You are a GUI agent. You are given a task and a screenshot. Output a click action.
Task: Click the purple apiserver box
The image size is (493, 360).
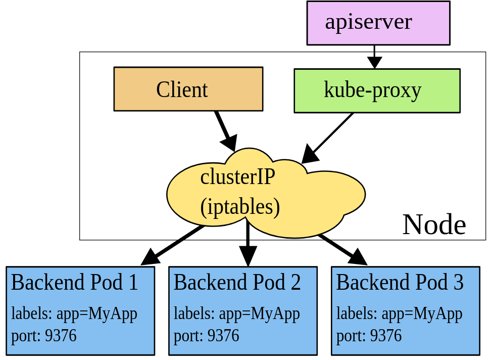pyautogui.click(x=378, y=23)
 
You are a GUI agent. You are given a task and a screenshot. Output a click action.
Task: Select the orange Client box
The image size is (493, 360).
pyautogui.click(x=188, y=89)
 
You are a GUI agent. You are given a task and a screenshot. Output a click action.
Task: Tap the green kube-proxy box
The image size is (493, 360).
pyautogui.click(x=377, y=91)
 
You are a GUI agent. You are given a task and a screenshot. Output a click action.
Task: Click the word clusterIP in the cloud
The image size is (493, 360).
pyautogui.click(x=237, y=177)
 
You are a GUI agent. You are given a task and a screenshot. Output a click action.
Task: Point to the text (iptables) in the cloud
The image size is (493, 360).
pyautogui.click(x=240, y=207)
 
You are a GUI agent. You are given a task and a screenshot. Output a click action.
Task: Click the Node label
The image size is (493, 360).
pyautogui.click(x=434, y=224)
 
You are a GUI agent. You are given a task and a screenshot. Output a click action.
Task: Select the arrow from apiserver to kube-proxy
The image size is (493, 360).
pyautogui.click(x=374, y=56)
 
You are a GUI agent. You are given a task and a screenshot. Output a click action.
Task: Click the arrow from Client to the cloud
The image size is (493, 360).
pyautogui.click(x=225, y=130)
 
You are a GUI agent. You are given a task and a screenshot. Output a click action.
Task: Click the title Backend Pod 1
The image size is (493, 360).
pyautogui.click(x=74, y=282)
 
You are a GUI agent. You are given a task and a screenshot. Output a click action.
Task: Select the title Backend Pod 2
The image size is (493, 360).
pyautogui.click(x=237, y=282)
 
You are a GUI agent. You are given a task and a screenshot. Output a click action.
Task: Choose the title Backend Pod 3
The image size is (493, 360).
pyautogui.click(x=400, y=282)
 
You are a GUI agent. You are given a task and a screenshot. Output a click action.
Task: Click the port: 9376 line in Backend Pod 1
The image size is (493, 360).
pyautogui.click(x=44, y=335)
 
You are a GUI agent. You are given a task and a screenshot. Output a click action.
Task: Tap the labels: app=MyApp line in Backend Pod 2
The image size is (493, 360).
pyautogui.click(x=237, y=314)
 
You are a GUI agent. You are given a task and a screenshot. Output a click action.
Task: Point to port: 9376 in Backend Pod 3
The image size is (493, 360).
pyautogui.click(x=369, y=335)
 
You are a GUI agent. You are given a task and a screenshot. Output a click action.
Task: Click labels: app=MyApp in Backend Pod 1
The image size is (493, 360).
pyautogui.click(x=74, y=314)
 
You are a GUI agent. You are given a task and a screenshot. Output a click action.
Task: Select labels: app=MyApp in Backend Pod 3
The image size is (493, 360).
pyautogui.click(x=400, y=314)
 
